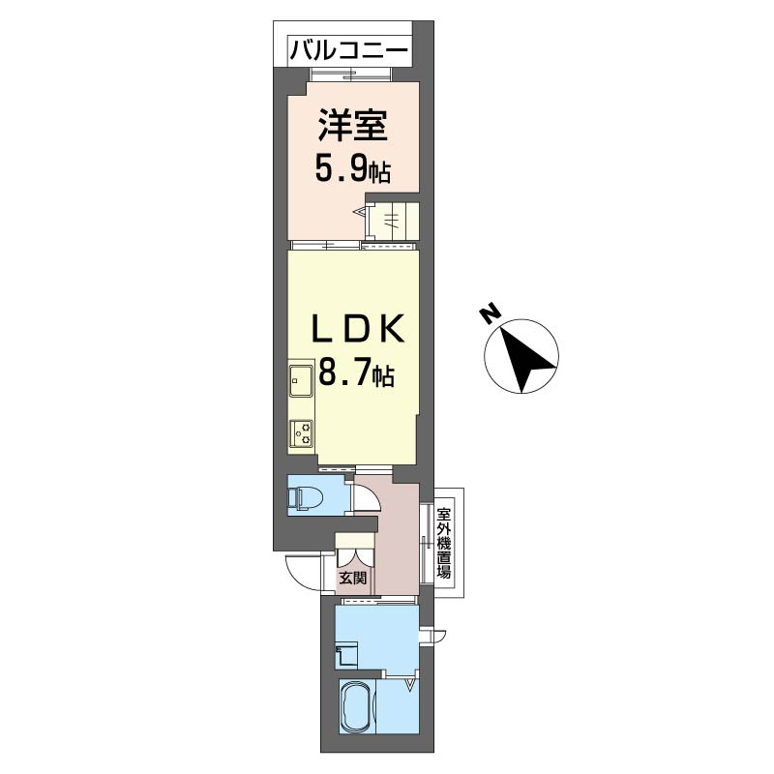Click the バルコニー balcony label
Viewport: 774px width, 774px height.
pos(349,50)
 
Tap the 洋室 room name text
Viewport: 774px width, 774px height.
pos(353,126)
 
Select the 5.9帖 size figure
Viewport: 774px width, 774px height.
pos(353,171)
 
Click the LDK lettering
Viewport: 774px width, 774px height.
pos(357,329)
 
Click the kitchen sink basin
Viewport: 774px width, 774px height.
pos(301,380)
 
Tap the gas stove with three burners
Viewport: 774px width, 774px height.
pos(301,432)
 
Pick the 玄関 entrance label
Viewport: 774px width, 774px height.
pos(353,577)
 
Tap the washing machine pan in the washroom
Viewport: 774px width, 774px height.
pos(347,656)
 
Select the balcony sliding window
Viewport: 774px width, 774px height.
pos(351,75)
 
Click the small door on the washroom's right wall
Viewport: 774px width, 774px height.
pos(432,636)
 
